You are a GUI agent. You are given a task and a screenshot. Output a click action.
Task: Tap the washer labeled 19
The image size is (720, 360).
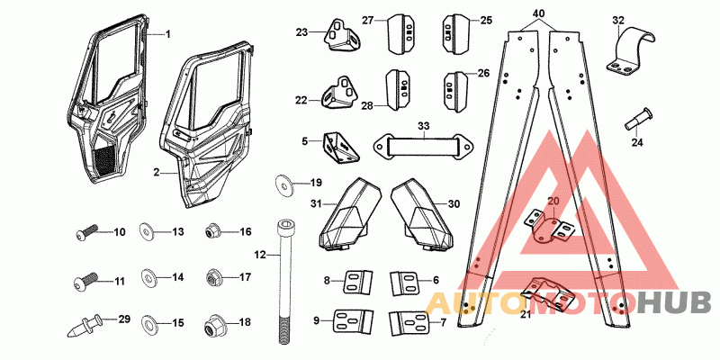284,184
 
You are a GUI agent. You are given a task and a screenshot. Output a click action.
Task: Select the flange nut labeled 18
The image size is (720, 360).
212,324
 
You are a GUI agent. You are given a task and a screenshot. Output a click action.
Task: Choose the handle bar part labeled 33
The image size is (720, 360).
422,146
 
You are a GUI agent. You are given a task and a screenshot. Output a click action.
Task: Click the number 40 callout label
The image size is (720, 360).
539,10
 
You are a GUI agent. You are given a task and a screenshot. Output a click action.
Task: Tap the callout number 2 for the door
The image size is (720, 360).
157,173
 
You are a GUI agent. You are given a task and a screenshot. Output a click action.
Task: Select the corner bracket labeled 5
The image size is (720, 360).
341,147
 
